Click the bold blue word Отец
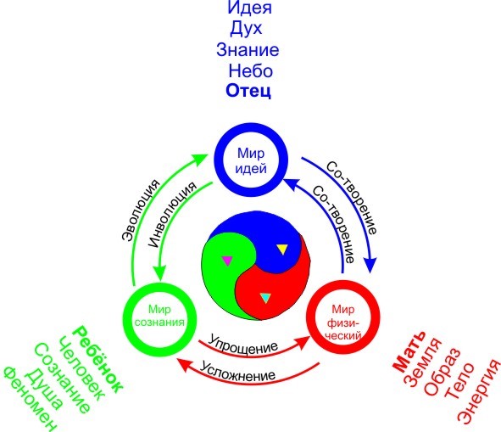click(x=248, y=91)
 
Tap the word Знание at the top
click(x=248, y=50)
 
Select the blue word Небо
click(x=251, y=70)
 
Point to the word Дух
click(x=246, y=29)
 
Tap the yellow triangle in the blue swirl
click(x=282, y=249)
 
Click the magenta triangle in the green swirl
click(x=227, y=261)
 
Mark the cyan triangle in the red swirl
click(x=265, y=298)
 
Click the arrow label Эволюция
click(x=140, y=210)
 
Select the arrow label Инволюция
click(x=172, y=215)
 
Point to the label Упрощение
click(x=242, y=344)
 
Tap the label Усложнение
click(x=237, y=371)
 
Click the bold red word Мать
click(x=409, y=351)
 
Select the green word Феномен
click(x=31, y=398)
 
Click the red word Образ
click(x=442, y=371)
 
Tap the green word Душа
click(x=44, y=388)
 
